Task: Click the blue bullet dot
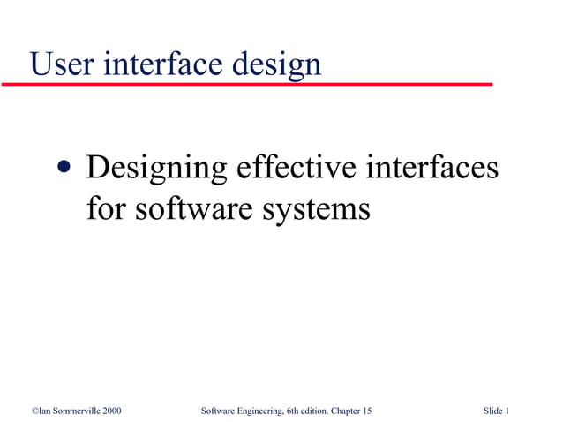(64, 169)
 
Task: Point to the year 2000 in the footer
(110, 410)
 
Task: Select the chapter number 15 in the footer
(366, 410)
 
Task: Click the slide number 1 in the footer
(507, 410)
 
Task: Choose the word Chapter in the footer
(348, 410)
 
